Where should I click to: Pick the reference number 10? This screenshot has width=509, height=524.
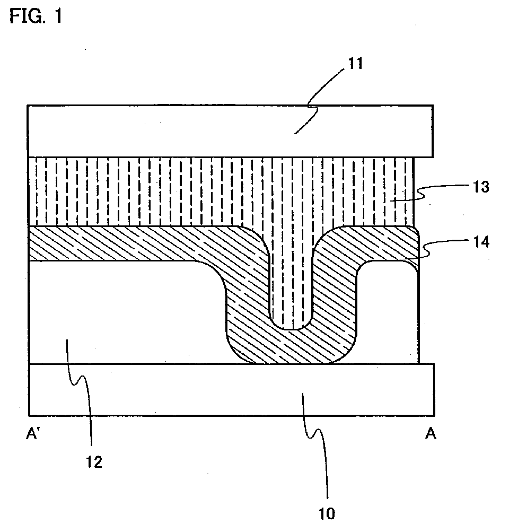[x=327, y=513]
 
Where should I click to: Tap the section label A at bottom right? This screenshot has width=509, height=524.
[x=431, y=435]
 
